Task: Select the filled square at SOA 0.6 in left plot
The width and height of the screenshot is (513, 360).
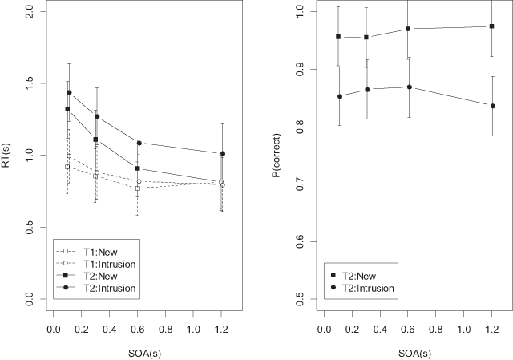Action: (139, 168)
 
